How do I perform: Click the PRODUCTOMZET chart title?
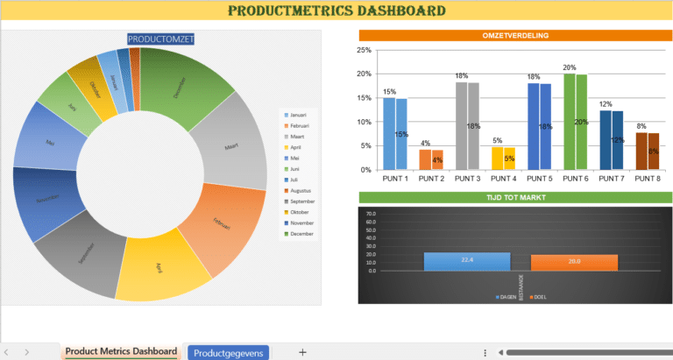click(x=161, y=39)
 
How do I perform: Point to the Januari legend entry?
click(x=298, y=115)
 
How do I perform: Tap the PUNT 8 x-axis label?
click(x=648, y=179)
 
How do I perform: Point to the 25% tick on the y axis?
click(x=365, y=50)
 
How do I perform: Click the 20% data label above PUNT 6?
click(x=569, y=67)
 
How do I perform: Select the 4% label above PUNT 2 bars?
click(x=425, y=144)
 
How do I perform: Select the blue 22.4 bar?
click(x=466, y=261)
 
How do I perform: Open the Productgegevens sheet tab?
click(x=228, y=352)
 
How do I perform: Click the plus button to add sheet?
click(x=302, y=352)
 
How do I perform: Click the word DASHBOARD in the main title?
click(x=392, y=11)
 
